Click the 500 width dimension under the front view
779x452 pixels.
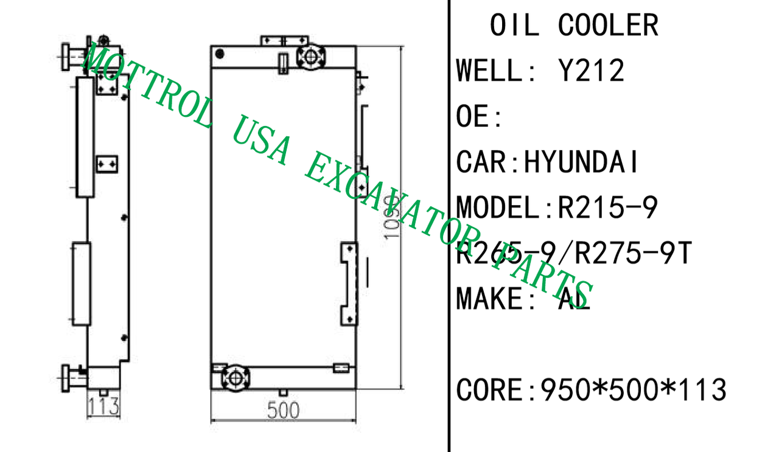[283, 410]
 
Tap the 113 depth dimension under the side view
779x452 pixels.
[101, 405]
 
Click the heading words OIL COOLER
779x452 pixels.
[574, 26]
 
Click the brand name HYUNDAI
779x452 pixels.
[582, 162]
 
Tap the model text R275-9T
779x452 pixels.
[634, 254]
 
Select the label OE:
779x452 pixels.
[480, 117]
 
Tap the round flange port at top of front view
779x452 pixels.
[311, 57]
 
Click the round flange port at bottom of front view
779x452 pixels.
[235, 377]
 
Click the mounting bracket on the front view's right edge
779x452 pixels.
[349, 283]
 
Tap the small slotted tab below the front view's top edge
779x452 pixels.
[283, 63]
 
